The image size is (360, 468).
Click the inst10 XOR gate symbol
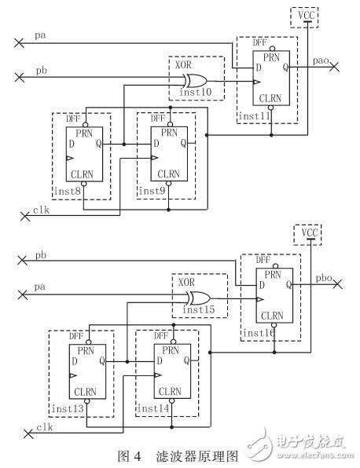tap(199, 79)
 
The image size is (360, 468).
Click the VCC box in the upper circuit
tap(303, 15)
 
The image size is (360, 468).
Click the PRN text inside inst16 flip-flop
tap(273, 274)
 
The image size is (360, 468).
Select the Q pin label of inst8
tap(97, 144)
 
